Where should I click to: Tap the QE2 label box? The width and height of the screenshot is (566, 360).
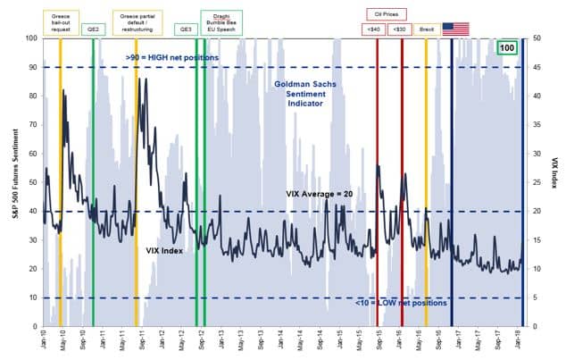[x=93, y=29]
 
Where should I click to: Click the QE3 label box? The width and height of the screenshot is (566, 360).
[x=187, y=29]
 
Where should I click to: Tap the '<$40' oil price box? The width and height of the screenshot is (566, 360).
[x=371, y=29]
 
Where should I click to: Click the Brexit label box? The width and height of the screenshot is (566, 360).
[x=427, y=29]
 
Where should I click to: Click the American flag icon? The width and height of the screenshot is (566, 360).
[x=455, y=29]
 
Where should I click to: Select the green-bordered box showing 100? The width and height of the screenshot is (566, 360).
[x=507, y=47]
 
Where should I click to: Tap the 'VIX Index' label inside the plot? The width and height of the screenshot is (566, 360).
[x=164, y=251]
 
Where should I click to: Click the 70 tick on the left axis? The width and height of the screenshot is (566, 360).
[x=32, y=124]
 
